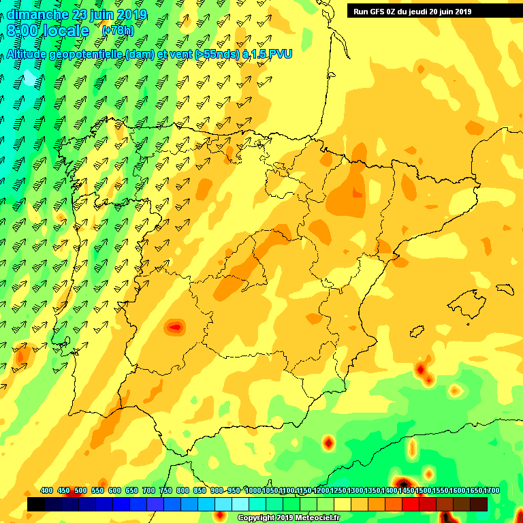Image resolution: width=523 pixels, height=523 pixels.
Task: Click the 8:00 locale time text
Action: tap(48, 31)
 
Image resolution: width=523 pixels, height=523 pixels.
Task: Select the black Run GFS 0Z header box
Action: tap(432, 11)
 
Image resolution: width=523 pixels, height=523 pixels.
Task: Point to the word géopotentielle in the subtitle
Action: tap(86, 55)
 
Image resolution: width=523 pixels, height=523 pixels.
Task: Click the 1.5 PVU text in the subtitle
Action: tap(272, 55)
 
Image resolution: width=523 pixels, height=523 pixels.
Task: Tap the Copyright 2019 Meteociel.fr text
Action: tap(287, 518)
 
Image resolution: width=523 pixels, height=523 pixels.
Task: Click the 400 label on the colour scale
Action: tap(46, 491)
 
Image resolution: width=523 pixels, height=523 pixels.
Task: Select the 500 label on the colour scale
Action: tap(80, 491)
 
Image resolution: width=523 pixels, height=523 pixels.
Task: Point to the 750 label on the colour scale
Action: tap(165, 491)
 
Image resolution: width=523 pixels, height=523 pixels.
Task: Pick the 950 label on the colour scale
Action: tap(234, 491)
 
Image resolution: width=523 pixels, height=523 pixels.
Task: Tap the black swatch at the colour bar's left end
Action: tap(36, 505)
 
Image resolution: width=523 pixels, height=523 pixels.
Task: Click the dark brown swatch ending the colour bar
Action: tap(479, 505)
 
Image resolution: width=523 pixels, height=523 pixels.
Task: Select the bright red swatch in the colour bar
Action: tap(411, 505)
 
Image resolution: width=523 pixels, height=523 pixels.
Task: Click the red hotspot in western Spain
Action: tap(176, 328)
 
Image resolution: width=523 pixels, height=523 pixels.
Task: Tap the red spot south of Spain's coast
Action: tap(329, 443)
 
